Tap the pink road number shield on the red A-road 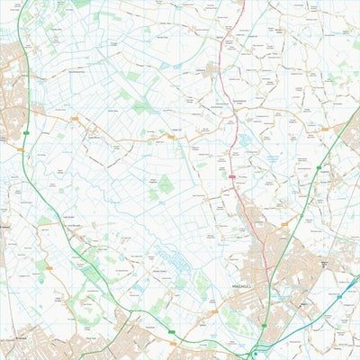(x=231, y=177)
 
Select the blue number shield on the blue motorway (x=339, y=294)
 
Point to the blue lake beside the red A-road (x=243, y=140)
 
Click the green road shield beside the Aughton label (x=317, y=168)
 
